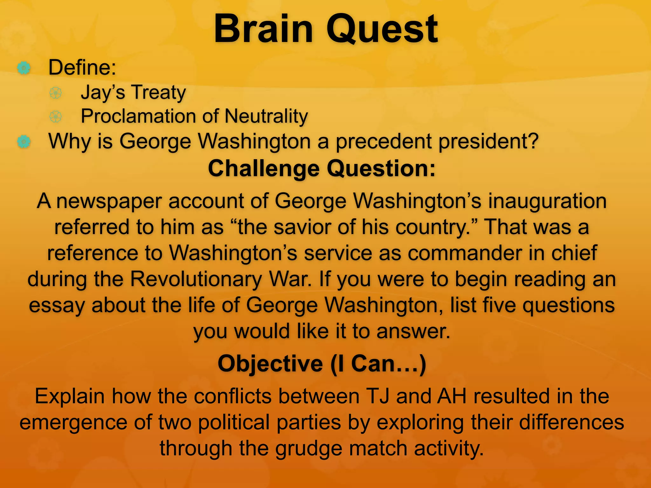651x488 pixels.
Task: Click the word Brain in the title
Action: [x=264, y=29]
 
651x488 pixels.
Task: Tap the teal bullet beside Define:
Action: [x=24, y=68]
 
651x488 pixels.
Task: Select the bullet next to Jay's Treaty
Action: [x=56, y=93]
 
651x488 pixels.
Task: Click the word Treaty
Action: [x=159, y=93]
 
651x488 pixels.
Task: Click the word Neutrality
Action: [x=266, y=116]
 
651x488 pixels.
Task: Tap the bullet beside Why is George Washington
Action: [x=24, y=141]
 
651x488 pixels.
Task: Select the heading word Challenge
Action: [x=264, y=169]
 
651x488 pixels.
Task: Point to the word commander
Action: [x=464, y=253]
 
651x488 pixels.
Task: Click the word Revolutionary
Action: [x=196, y=279]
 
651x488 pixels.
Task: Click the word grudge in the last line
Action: [x=308, y=448]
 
